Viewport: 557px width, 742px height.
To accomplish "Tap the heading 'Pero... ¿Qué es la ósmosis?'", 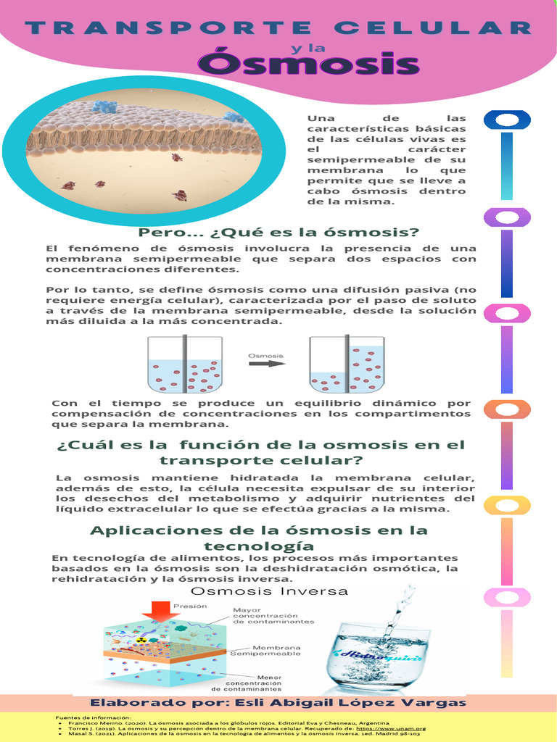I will (x=279, y=233).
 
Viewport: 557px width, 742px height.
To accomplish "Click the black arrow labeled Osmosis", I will (x=266, y=364).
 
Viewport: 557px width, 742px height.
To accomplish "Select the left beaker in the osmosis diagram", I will (x=185, y=364).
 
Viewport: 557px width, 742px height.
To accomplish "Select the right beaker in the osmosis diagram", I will (x=347, y=364).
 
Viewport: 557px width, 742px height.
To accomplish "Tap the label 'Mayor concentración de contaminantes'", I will (x=273, y=615).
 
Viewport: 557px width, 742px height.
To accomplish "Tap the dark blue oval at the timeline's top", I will (x=508, y=120).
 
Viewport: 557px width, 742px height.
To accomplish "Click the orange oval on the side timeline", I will (x=508, y=409).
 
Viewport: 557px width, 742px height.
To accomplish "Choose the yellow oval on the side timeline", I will (x=508, y=505).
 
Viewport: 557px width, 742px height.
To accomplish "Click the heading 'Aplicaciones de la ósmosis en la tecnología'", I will (x=259, y=538).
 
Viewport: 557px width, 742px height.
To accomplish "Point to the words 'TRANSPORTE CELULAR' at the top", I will (x=278, y=28).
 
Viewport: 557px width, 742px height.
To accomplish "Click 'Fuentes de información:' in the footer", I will (x=85, y=717).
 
